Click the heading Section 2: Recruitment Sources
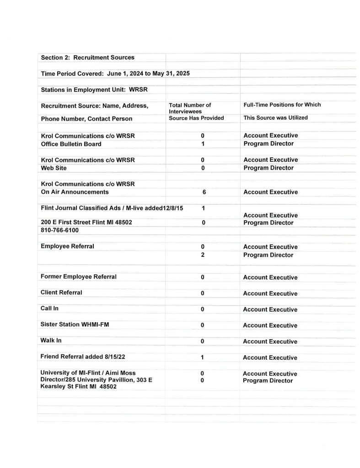pyautogui.click(x=87, y=58)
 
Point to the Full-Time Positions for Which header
pyautogui.click(x=282, y=105)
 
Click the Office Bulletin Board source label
pyautogui.click(x=71, y=144)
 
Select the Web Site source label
pyautogui.click(x=54, y=168)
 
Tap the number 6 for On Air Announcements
pyautogui.click(x=204, y=192)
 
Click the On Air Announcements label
pyautogui.click(x=75, y=192)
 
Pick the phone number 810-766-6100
pyautogui.click(x=59, y=230)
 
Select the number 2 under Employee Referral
pyautogui.click(x=203, y=255)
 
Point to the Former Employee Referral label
pyautogui.click(x=78, y=277)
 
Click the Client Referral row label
pyautogui.click(x=61, y=292)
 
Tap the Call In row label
pyautogui.click(x=49, y=308)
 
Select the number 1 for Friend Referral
pyautogui.click(x=202, y=358)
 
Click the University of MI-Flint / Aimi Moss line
pyautogui.click(x=88, y=373)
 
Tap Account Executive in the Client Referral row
pyautogui.click(x=270, y=293)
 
